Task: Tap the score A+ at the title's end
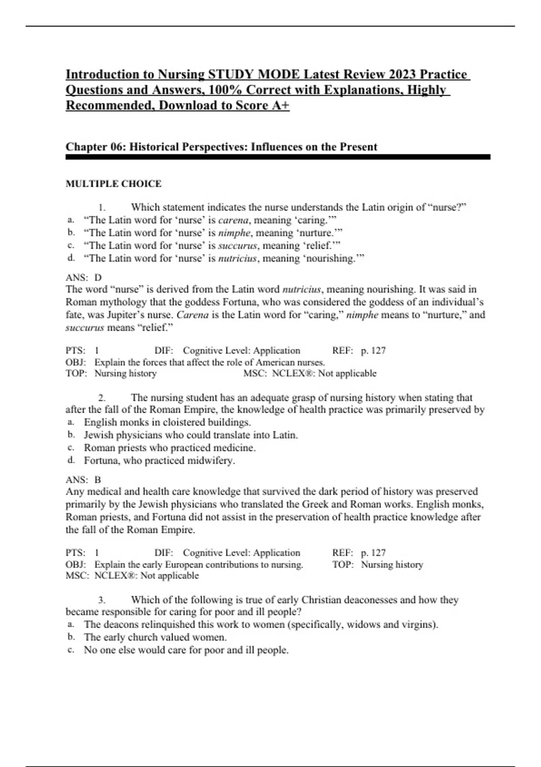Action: point(280,106)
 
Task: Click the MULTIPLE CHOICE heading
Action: point(113,184)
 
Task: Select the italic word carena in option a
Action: point(233,220)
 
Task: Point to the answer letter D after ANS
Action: point(98,277)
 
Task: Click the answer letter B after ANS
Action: point(98,480)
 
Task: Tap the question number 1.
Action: point(102,208)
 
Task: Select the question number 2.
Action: point(102,398)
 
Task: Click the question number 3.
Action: point(102,600)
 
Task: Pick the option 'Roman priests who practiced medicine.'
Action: point(170,448)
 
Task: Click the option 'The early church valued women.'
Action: point(155,638)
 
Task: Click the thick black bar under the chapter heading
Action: point(278,157)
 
